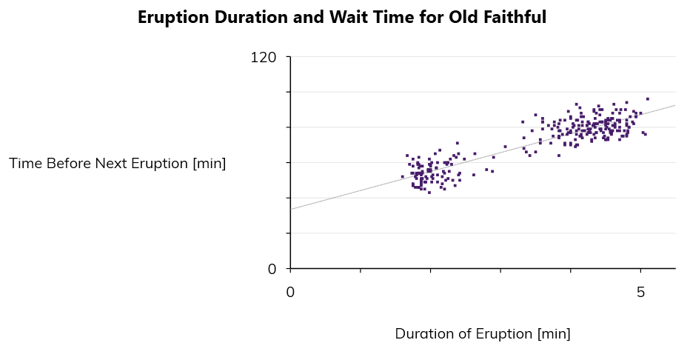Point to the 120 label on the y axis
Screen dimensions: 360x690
(x=264, y=57)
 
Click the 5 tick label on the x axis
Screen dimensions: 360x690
(x=641, y=292)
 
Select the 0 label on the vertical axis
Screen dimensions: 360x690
(x=272, y=269)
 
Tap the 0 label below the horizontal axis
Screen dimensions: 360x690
(x=290, y=292)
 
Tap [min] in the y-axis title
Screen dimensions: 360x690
(x=209, y=164)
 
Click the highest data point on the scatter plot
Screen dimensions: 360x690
(x=648, y=99)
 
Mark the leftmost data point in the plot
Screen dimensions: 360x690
(x=402, y=176)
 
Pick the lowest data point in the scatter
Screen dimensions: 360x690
(x=429, y=193)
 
